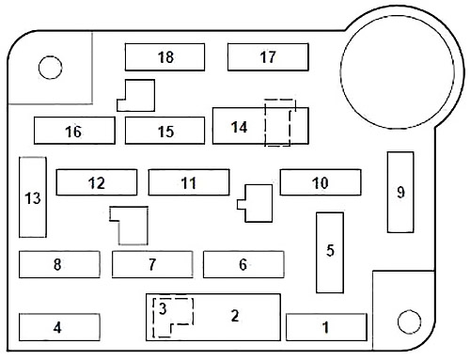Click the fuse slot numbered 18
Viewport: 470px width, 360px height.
pyautogui.click(x=164, y=57)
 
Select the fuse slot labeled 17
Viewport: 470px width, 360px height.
pyautogui.click(x=268, y=57)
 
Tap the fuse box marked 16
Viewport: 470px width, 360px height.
pyautogui.click(x=74, y=131)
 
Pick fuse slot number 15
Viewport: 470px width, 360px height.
pyautogui.click(x=164, y=131)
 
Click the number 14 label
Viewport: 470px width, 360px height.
pyautogui.click(x=240, y=127)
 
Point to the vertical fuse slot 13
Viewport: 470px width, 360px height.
pyautogui.click(x=33, y=197)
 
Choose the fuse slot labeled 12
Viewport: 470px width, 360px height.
pyautogui.click(x=97, y=182)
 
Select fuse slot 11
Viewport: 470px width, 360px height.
pyautogui.click(x=189, y=182)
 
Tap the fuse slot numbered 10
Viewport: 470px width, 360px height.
pyautogui.click(x=321, y=182)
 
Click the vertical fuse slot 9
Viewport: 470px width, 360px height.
pyautogui.click(x=400, y=192)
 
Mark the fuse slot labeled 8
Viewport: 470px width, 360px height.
pyautogui.click(x=59, y=264)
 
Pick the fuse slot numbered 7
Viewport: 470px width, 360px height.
pyautogui.click(x=152, y=264)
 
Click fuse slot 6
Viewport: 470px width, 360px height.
pyautogui.click(x=243, y=264)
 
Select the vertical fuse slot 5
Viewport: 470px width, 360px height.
pyautogui.click(x=330, y=253)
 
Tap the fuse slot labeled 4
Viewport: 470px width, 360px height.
pyautogui.click(x=59, y=327)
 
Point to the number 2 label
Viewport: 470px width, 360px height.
pyautogui.click(x=235, y=316)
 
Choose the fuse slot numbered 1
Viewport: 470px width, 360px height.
pyautogui.click(x=326, y=327)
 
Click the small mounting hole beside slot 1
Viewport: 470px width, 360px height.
pyautogui.click(x=409, y=321)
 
